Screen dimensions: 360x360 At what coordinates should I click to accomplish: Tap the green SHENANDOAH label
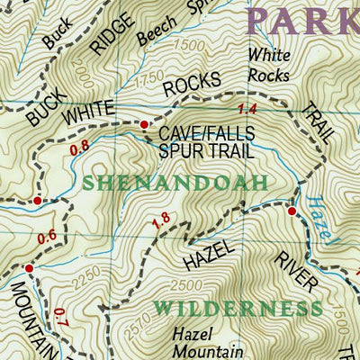click(175, 183)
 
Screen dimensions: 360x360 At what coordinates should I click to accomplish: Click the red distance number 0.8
click(79, 144)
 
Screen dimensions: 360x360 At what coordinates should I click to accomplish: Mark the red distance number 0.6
click(48, 236)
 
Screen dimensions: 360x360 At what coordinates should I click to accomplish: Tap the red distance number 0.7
click(60, 317)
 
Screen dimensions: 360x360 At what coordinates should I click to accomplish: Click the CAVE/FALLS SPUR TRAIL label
click(206, 142)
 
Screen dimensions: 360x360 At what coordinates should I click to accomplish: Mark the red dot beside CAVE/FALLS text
click(144, 124)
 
